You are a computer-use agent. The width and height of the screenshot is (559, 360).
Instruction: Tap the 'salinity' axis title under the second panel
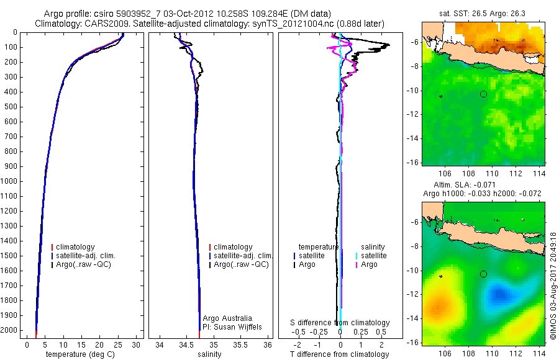(x=209, y=354)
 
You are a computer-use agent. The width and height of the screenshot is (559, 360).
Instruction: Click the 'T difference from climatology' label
(x=339, y=354)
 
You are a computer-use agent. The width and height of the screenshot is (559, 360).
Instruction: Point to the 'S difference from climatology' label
(x=340, y=323)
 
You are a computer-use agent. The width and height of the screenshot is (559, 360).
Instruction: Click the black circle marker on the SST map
(x=483, y=94)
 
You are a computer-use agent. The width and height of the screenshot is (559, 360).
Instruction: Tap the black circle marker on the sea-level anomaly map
(x=483, y=274)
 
